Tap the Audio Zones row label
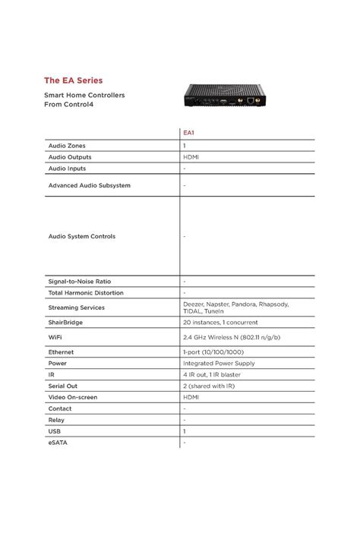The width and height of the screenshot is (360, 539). coord(67,144)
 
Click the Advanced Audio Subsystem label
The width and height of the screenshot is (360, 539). coord(89,185)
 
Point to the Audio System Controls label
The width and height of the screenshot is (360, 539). coord(82,236)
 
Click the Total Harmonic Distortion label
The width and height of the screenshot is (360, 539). coord(85,292)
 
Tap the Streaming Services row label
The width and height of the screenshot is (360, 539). coord(76,307)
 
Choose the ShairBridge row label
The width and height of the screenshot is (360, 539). coord(66,321)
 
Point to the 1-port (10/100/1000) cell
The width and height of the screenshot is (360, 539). coord(214,352)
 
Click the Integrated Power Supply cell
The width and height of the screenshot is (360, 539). coord(219,363)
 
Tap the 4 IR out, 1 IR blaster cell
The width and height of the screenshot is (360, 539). coord(215,374)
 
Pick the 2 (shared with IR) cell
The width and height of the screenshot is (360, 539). coord(210,386)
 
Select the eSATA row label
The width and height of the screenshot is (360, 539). coord(58,441)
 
